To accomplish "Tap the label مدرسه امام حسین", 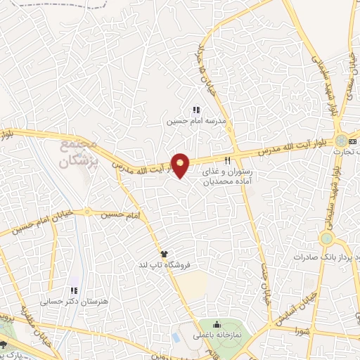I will [x=188, y=121].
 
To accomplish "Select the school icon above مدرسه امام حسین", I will [x=196, y=110].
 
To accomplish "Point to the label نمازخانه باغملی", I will [x=217, y=335].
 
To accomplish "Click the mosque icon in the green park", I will [x=217, y=324].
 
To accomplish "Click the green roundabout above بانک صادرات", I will [x=326, y=239].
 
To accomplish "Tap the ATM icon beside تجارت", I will [x=352, y=141].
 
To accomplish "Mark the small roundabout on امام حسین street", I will [x=87, y=211].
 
